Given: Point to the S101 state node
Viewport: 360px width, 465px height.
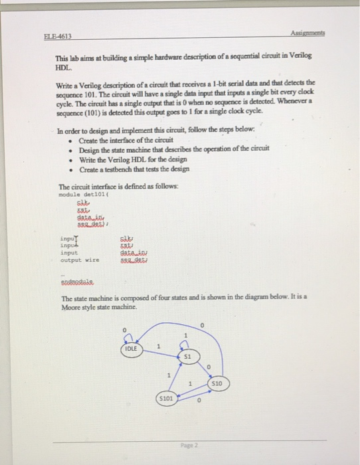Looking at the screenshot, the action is [x=167, y=399].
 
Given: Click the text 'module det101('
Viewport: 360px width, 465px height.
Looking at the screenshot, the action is [x=81, y=195].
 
